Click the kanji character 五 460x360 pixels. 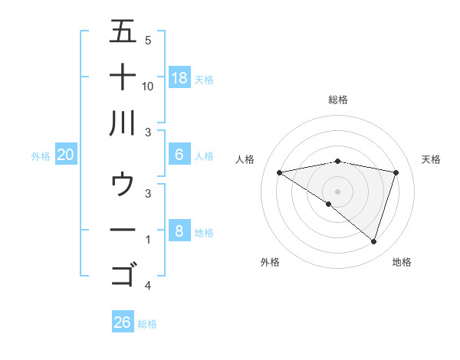[x=123, y=31]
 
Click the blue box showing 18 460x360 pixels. [x=179, y=78]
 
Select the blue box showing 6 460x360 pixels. [x=179, y=155]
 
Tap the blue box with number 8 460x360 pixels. [x=179, y=231]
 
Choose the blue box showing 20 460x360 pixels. [x=66, y=155]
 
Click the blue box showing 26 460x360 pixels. [x=123, y=322]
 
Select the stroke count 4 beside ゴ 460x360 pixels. [x=148, y=286]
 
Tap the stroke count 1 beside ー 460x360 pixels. [x=148, y=240]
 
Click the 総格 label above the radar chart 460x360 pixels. [x=338, y=100]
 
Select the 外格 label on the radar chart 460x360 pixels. [x=270, y=262]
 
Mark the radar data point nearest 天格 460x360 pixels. [x=396, y=173]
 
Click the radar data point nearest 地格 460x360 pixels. [x=373, y=242]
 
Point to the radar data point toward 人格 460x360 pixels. [x=279, y=173]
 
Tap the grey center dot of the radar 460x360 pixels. [x=338, y=191]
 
